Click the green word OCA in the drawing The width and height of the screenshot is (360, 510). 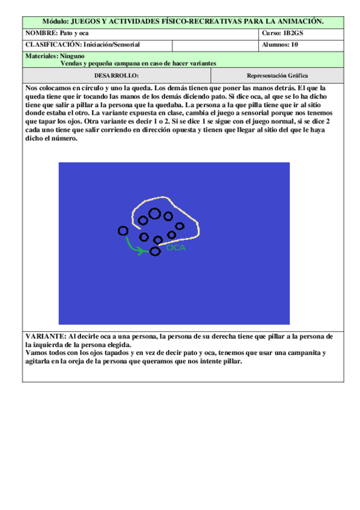pos(176,247)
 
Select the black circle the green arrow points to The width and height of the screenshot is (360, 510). pos(155,251)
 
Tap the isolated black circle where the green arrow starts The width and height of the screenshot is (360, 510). pos(123,230)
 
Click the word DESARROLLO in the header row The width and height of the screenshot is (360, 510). pos(117,76)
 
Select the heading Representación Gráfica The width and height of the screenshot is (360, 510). pos(277,76)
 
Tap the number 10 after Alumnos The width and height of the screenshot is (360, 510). pos(294,45)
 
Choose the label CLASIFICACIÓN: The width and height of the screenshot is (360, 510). pos(53,45)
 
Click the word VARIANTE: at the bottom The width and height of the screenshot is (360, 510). pos(46,336)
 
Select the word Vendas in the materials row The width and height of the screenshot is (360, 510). pos(73,63)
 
